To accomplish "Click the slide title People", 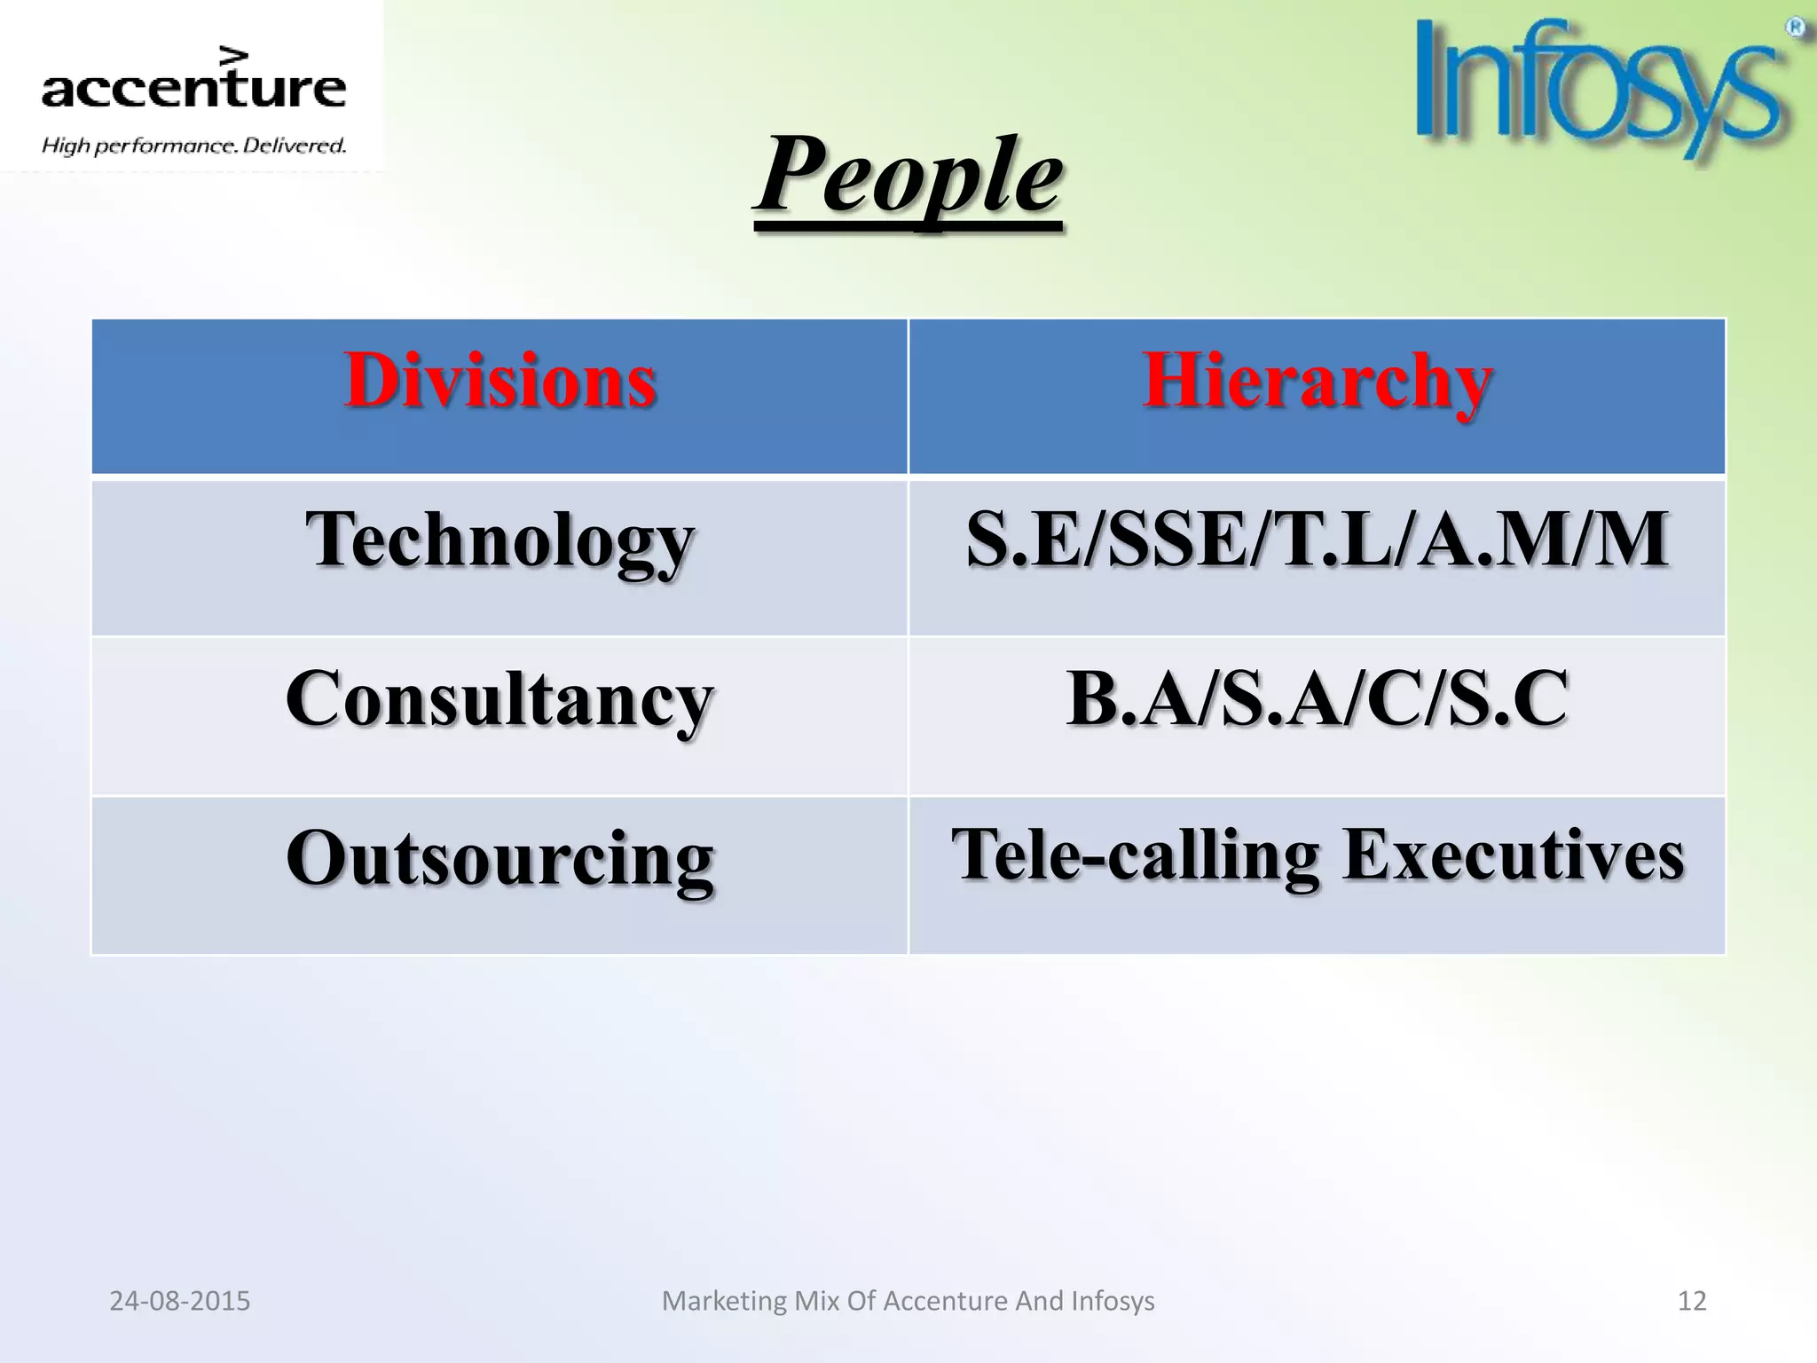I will [908, 175].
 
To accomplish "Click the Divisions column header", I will [499, 382].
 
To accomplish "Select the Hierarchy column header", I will [1317, 382].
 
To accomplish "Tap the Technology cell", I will [499, 541].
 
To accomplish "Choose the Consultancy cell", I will [499, 700].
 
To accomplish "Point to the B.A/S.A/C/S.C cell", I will [1317, 699].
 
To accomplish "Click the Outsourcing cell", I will [499, 859].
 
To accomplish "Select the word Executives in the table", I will [1513, 855].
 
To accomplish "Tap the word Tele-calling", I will [1136, 856].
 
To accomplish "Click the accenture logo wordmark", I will [193, 89].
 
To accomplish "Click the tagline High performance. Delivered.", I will [193, 146].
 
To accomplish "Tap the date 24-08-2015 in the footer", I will [180, 1301].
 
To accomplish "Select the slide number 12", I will [1692, 1301].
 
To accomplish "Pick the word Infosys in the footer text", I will [1113, 1301].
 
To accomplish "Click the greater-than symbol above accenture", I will [234, 55].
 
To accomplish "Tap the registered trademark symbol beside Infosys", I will [1795, 28].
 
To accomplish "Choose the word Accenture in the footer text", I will [946, 1301].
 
